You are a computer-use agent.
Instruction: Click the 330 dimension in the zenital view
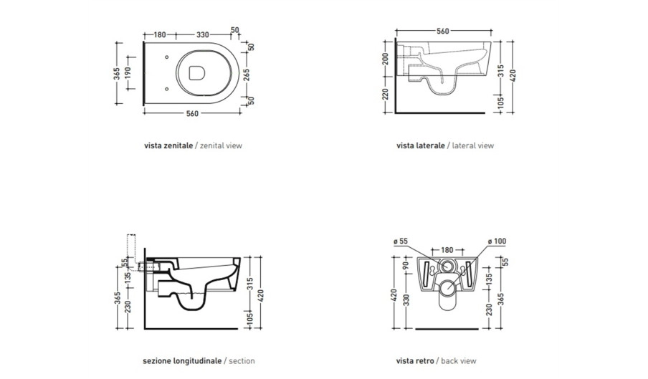[202, 34]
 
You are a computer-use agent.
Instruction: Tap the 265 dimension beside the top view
[247, 75]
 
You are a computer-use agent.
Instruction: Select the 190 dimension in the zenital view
[128, 73]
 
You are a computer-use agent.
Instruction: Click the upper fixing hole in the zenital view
[166, 57]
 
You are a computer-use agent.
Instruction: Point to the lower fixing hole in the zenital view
[166, 89]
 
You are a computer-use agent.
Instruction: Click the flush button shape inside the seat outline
[196, 73]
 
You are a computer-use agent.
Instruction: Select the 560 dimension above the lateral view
[442, 31]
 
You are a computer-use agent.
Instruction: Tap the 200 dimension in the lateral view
[385, 59]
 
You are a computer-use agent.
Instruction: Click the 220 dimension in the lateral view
[385, 94]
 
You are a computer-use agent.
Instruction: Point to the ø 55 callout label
[401, 241]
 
